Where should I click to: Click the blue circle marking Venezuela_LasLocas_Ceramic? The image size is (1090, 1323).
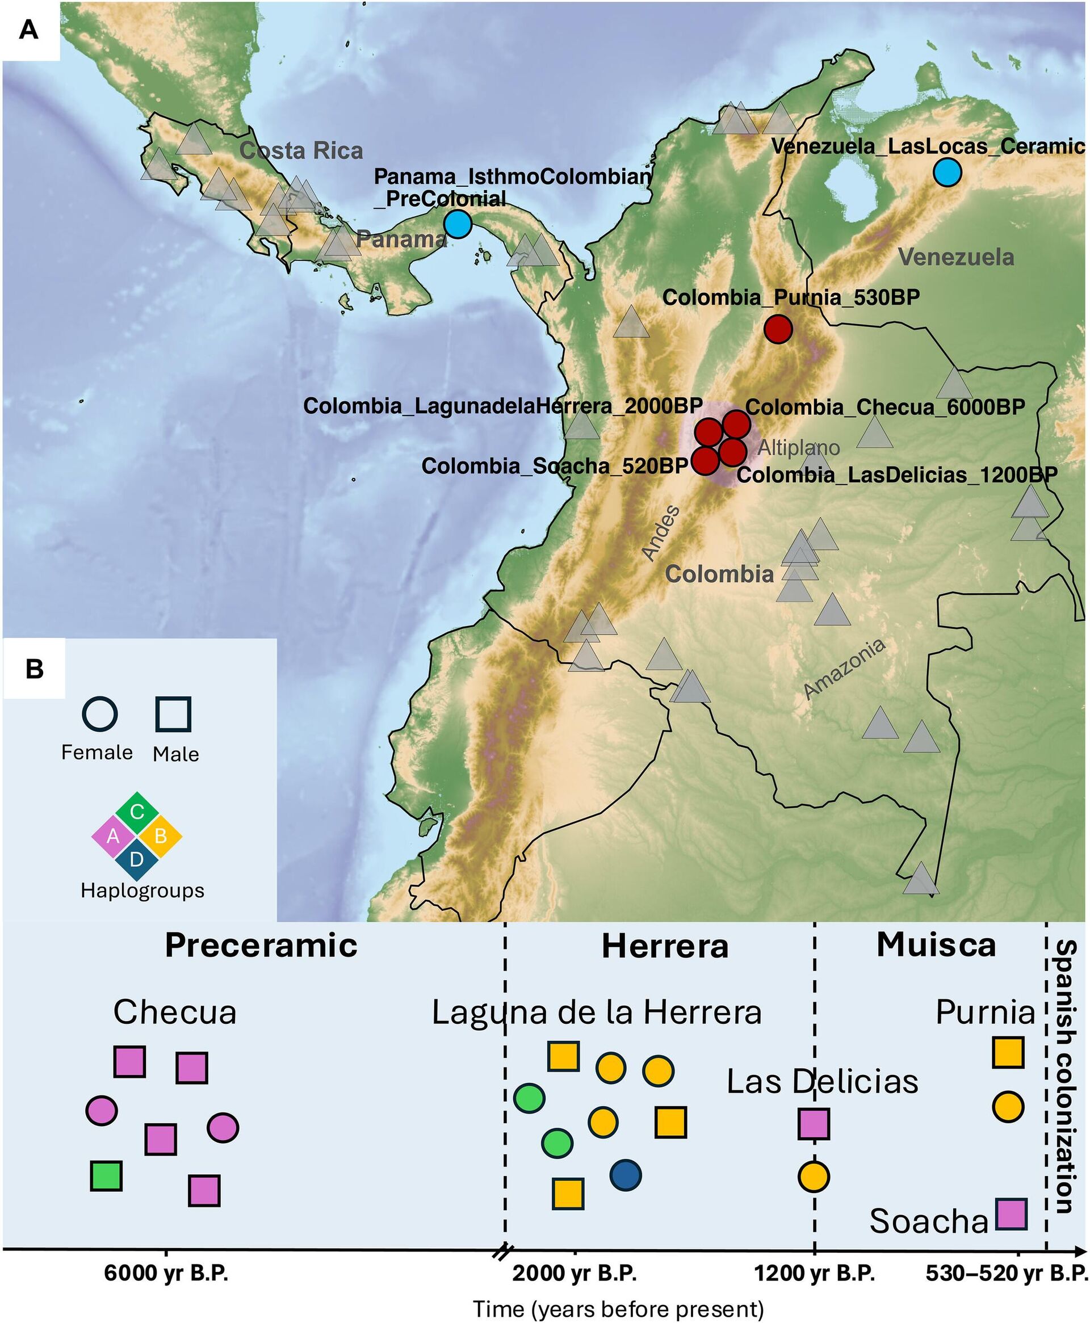tap(947, 173)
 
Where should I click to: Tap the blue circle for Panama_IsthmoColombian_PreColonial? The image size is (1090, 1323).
tap(457, 224)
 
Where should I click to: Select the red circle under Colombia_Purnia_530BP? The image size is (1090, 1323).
tap(778, 328)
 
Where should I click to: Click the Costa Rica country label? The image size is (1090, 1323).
tap(301, 150)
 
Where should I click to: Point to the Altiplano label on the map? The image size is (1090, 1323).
tap(798, 447)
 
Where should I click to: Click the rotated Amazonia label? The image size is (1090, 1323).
tap(845, 668)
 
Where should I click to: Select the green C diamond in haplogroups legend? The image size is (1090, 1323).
tap(137, 812)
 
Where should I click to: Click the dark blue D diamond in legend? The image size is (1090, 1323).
tap(137, 858)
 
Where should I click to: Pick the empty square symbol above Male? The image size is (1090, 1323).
tap(173, 714)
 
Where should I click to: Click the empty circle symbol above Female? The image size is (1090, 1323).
tap(100, 714)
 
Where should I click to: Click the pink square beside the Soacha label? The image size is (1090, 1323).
tap(1011, 1214)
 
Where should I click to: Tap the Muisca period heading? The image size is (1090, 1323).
tap(936, 945)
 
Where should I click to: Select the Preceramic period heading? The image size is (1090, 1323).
tap(261, 945)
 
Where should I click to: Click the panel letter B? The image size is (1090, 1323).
tap(34, 669)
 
